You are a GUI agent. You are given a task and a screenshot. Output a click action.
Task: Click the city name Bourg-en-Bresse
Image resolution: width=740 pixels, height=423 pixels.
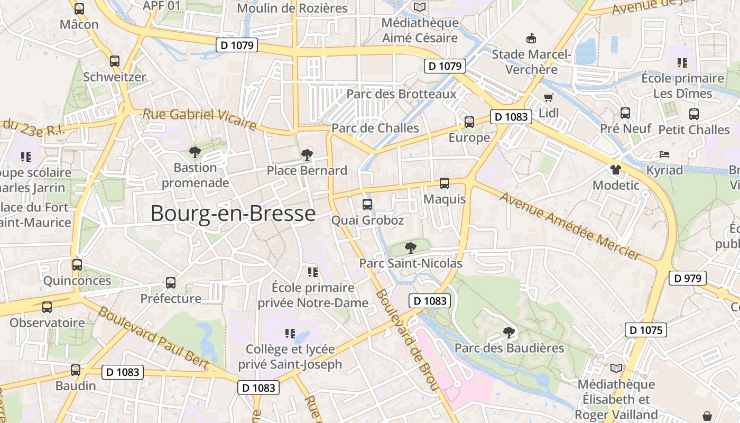(233, 214)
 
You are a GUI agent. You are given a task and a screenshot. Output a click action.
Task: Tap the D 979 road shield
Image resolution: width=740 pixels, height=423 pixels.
(688, 278)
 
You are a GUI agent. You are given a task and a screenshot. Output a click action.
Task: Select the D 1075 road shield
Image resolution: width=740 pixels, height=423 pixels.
(645, 330)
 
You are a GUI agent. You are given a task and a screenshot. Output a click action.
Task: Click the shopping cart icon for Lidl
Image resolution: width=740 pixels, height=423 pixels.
(548, 98)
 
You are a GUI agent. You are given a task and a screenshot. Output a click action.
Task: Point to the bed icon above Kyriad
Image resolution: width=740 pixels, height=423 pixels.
(664, 154)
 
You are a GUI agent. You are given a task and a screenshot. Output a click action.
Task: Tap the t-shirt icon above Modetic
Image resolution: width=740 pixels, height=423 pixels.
(615, 170)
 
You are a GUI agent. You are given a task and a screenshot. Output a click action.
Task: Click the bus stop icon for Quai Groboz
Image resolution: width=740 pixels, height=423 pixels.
(367, 204)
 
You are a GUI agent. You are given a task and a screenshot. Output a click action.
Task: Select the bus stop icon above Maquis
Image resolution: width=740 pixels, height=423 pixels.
(445, 183)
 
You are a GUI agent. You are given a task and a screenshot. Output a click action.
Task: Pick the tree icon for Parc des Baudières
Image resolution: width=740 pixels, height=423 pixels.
(509, 333)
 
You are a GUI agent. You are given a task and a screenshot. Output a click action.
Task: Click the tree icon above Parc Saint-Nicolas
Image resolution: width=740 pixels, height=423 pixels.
(410, 247)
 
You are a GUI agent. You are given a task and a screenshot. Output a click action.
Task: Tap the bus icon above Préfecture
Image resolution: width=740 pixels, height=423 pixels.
(170, 283)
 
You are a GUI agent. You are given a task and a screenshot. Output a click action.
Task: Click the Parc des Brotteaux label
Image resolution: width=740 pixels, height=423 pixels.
(401, 94)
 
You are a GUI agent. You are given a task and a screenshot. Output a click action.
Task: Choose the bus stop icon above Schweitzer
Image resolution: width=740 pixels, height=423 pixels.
(115, 61)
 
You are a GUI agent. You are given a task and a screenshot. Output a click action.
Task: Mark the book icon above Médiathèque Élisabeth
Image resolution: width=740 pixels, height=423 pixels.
(616, 368)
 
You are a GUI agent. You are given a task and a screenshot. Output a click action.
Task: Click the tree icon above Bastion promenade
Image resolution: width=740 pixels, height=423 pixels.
(195, 152)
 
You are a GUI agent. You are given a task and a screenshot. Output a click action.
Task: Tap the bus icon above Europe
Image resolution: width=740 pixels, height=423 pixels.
(469, 122)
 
